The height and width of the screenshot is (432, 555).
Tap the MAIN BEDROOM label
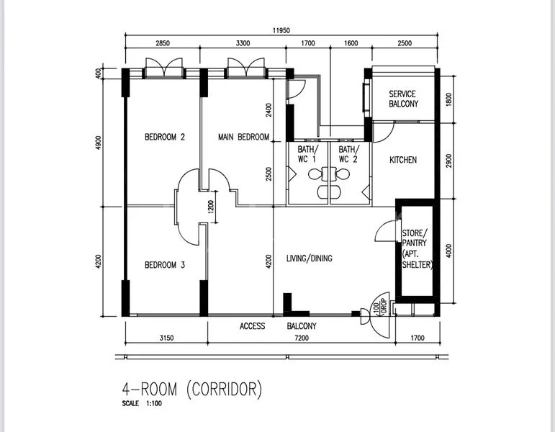pos(243,137)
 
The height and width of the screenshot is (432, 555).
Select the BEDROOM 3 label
pos(165,265)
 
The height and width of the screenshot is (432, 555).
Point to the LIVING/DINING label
pos(309,258)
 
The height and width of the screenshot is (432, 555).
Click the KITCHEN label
pos(403,160)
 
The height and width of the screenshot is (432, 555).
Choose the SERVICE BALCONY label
pos(403,99)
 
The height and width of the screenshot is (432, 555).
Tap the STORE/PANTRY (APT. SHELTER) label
pos(417,248)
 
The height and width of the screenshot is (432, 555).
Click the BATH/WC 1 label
pos(307,154)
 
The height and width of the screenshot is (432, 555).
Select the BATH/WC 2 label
pos(348,154)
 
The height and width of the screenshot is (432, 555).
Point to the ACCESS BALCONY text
pos(277,326)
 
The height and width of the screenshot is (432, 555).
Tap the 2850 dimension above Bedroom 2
pos(163,44)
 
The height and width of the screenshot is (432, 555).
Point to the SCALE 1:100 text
pos(143,404)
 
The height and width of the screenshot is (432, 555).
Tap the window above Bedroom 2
pos(163,70)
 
